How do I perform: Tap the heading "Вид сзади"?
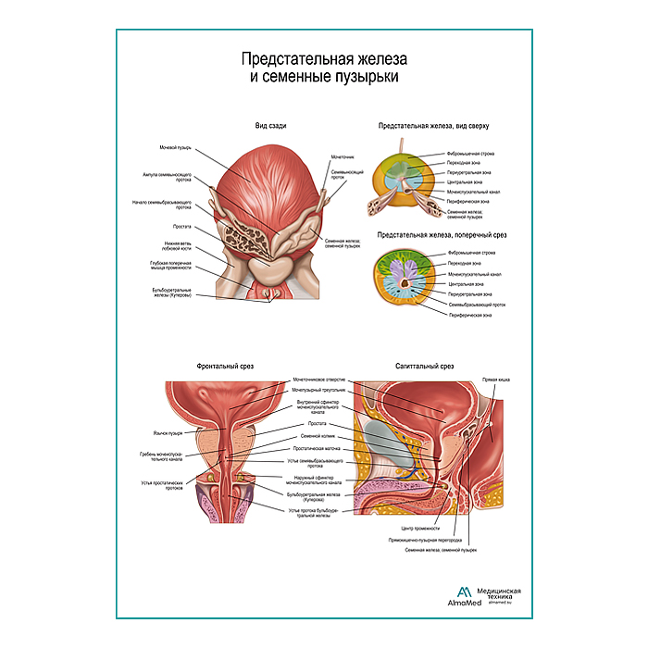(x=271, y=126)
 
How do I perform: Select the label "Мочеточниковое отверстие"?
(x=319, y=380)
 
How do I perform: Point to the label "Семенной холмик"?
(x=317, y=435)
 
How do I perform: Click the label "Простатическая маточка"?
(x=320, y=447)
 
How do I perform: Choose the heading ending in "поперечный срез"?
(x=434, y=235)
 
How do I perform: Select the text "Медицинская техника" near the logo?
(x=499, y=594)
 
